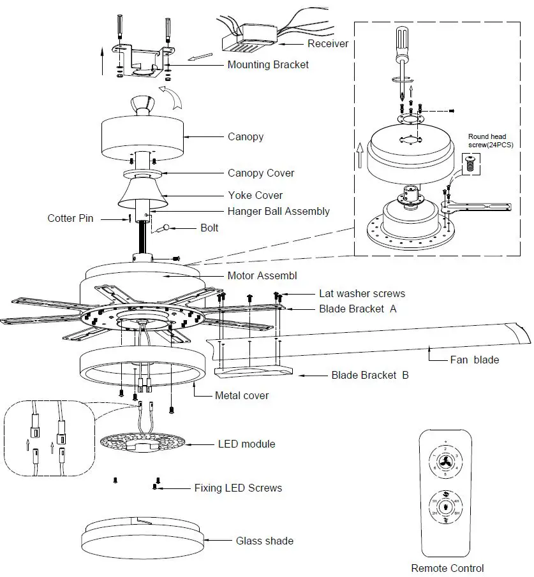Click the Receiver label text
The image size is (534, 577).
pyautogui.click(x=328, y=44)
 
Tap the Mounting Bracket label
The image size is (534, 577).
pyautogui.click(x=268, y=64)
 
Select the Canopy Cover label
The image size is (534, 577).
pyautogui.click(x=261, y=173)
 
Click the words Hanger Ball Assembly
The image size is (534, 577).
pyautogui.click(x=279, y=211)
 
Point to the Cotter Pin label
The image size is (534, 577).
pyautogui.click(x=70, y=218)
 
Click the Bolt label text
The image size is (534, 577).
pyautogui.click(x=209, y=228)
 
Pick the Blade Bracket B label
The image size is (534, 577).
pyautogui.click(x=370, y=375)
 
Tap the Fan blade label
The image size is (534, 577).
pyautogui.click(x=474, y=360)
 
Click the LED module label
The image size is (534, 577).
pyautogui.click(x=246, y=443)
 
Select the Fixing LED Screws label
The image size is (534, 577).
pyautogui.click(x=237, y=488)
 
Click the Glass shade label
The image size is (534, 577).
pyautogui.click(x=265, y=541)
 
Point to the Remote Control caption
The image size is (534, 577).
pyautogui.click(x=447, y=568)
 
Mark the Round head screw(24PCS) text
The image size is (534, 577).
pyautogui.click(x=491, y=141)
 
